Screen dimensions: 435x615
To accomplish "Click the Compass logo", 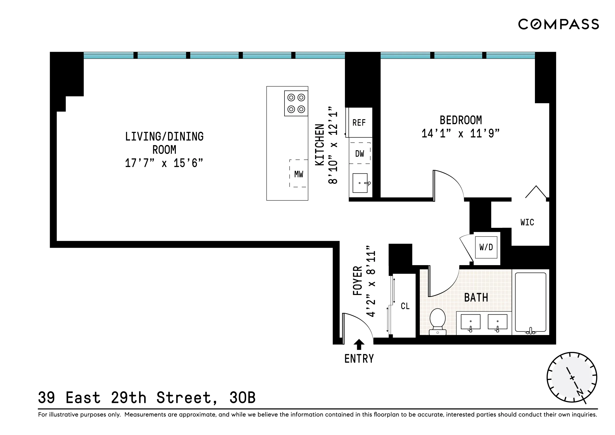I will click(558, 24).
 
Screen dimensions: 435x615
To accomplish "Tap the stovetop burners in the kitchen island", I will click(296, 103).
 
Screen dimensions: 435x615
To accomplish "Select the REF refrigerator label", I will click(359, 123).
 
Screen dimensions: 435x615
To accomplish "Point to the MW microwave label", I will click(299, 174).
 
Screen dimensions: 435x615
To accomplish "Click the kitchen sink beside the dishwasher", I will click(360, 183).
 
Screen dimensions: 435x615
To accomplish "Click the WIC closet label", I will click(527, 222).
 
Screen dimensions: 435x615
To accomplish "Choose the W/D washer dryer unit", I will click(486, 247).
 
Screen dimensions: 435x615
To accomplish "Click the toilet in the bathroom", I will click(437, 321).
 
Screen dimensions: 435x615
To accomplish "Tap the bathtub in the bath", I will click(530, 303).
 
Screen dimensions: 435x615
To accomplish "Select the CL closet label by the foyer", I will click(405, 306).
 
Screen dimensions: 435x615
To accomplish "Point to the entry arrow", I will click(359, 344).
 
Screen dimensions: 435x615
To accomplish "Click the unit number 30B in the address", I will click(242, 398).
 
